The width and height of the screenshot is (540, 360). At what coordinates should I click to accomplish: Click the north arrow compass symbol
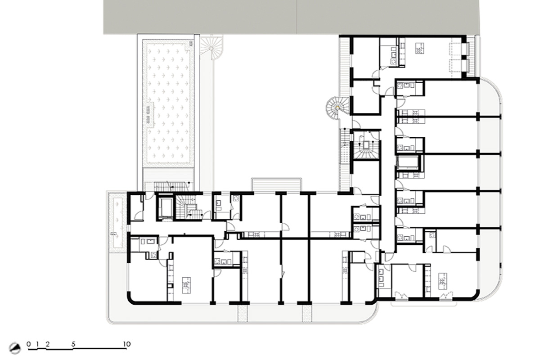click(15, 348)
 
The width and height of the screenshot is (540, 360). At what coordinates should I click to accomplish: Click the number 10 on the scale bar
click(127, 344)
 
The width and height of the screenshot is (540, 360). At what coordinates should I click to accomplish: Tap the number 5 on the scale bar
click(73, 344)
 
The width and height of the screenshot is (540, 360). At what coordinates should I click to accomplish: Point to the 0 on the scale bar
click(29, 344)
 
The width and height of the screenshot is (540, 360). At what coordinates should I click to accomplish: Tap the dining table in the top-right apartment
click(420, 48)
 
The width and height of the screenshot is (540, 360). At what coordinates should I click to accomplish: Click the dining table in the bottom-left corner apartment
click(186, 285)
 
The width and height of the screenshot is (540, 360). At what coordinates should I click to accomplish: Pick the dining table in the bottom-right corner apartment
click(443, 281)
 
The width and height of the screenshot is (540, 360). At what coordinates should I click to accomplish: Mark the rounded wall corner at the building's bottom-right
click(475, 296)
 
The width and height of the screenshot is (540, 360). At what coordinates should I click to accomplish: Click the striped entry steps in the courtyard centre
click(276, 185)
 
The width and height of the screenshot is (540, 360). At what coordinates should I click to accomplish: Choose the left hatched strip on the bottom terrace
click(243, 313)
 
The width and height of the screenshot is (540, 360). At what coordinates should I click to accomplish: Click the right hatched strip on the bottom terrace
click(307, 313)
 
